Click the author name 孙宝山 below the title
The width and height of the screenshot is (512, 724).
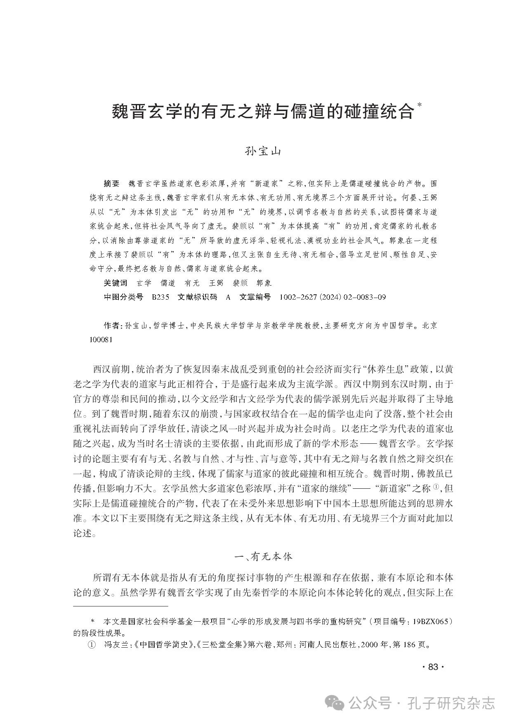263,151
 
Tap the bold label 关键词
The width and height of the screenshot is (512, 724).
116,283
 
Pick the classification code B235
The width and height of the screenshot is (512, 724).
160,297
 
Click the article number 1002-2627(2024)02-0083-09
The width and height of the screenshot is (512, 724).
333,297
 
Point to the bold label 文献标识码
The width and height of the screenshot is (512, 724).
197,297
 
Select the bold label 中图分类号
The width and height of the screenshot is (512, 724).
123,297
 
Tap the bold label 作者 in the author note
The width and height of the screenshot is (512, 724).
111,326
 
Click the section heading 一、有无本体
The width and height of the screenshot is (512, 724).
263,557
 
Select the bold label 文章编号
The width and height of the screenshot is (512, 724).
255,297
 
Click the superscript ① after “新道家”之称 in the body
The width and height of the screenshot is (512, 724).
436,487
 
